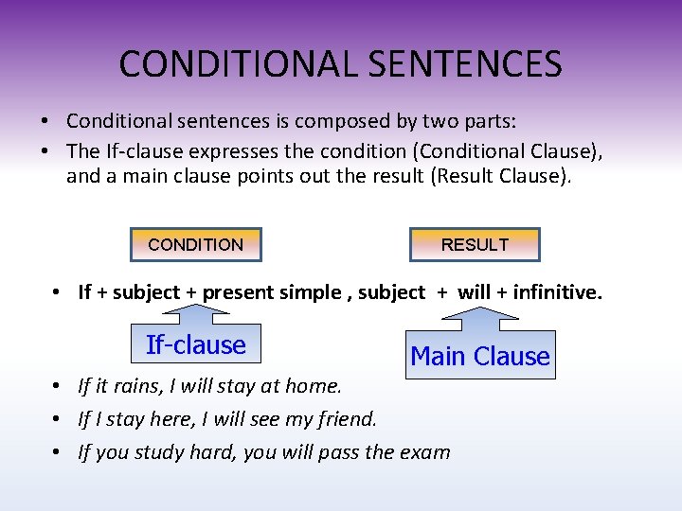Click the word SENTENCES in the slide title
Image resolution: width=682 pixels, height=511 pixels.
coord(468,64)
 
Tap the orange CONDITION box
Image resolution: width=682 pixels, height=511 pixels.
coord(195,244)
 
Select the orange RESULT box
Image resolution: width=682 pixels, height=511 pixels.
coord(475,244)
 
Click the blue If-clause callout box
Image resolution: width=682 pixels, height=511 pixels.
coord(196,345)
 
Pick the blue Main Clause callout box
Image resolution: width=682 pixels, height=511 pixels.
coord(480,357)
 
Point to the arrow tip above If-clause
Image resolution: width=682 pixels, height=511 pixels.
coord(196,309)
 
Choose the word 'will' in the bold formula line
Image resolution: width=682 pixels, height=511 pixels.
coord(474,292)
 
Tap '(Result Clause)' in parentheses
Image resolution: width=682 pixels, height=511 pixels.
coord(500,175)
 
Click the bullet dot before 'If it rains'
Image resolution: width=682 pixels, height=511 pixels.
coord(58,386)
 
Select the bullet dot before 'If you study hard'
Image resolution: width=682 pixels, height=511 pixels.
coord(58,451)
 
